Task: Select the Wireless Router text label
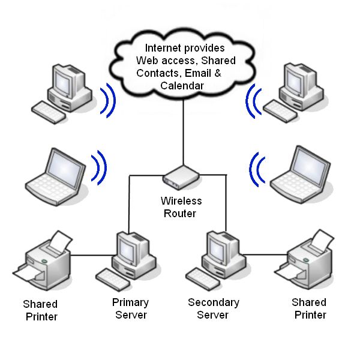pos(181,207)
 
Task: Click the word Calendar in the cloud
pos(182,86)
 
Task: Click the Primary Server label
pos(130,308)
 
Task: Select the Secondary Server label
pos(214,308)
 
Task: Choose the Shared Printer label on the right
pos(309,308)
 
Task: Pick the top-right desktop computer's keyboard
pos(281,111)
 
